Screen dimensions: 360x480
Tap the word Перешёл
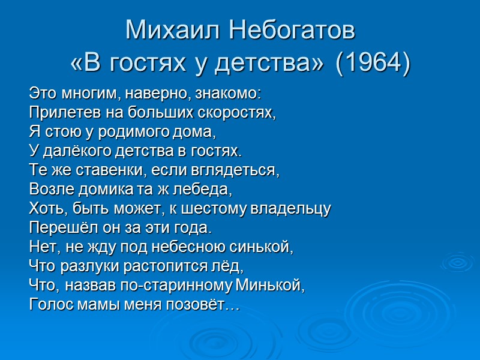[x=56, y=227]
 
